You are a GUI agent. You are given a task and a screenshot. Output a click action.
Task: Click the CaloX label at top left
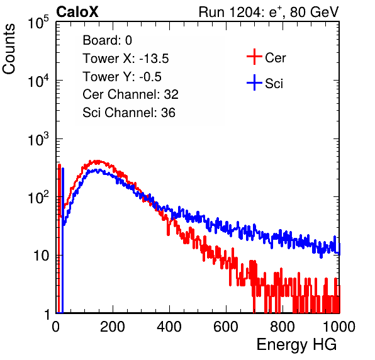tap(77, 12)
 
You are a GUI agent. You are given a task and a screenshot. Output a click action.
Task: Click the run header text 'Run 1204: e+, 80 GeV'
tap(269, 12)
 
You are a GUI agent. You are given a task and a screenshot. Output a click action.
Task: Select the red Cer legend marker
tap(254, 57)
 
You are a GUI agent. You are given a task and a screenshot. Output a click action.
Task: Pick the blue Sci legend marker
tap(254, 82)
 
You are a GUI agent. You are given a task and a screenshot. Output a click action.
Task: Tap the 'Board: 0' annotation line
tap(107, 40)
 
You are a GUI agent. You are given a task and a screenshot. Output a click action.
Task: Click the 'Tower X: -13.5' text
tap(126, 59)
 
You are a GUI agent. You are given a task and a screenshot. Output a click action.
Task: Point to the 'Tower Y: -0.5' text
tap(122, 77)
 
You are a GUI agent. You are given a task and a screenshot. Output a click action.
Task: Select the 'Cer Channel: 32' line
tap(130, 94)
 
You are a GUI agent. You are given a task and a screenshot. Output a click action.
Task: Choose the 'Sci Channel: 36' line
tap(129, 113)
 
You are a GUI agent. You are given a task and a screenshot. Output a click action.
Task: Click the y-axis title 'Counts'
tap(9, 49)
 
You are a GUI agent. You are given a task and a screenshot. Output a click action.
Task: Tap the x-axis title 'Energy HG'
tap(296, 344)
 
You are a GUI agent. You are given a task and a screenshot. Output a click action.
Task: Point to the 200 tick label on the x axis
tap(113, 327)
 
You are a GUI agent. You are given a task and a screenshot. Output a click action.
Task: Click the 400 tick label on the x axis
tap(169, 327)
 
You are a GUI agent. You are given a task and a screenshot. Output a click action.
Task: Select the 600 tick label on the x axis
tap(226, 327)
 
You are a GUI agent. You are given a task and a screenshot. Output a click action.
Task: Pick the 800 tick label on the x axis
tap(283, 327)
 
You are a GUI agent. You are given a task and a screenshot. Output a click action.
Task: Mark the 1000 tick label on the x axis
tap(339, 327)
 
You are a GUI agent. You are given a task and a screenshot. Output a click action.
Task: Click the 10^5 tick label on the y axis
tap(38, 23)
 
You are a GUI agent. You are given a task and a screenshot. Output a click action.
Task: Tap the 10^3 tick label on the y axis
tap(38, 140)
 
